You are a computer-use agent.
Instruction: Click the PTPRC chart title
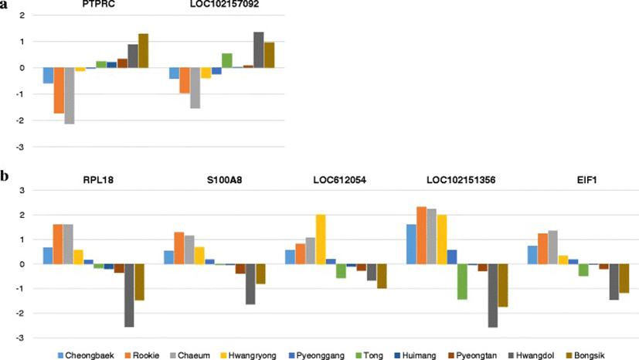click(x=95, y=5)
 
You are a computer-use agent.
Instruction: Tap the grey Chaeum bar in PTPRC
click(x=70, y=96)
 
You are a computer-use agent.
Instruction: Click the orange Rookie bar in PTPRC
click(x=59, y=90)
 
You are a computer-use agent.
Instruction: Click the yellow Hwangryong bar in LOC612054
click(x=321, y=239)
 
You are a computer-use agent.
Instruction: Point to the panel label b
click(x=5, y=177)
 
